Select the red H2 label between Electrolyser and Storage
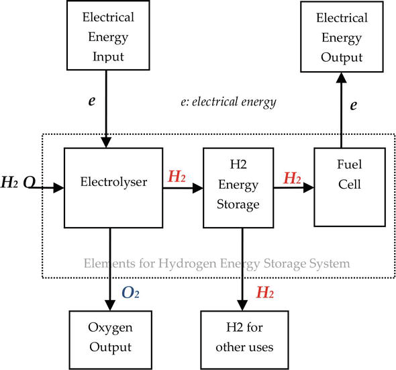pos(177,178)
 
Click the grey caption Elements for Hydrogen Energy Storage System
pos(216,263)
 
